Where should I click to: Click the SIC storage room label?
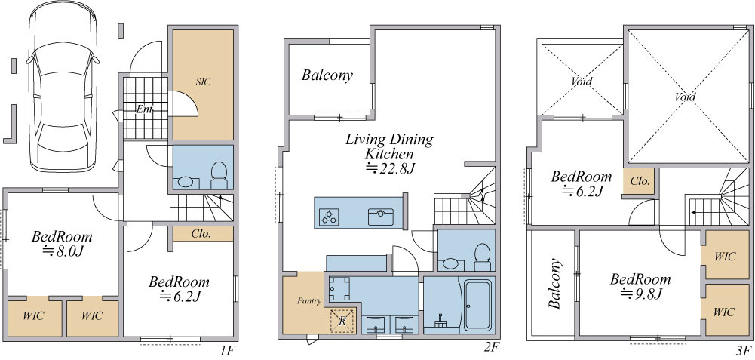click(x=203, y=82)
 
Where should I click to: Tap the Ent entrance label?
click(x=144, y=110)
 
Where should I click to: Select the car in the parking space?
click(x=63, y=86)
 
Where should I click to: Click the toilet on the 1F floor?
click(x=219, y=175)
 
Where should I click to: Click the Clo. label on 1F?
click(x=201, y=234)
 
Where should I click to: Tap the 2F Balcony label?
click(x=327, y=75)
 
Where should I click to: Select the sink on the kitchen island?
click(x=382, y=217)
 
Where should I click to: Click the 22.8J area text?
click(x=388, y=168)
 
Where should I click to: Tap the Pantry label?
click(x=309, y=301)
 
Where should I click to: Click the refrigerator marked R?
click(x=342, y=321)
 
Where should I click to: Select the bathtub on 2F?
click(x=477, y=305)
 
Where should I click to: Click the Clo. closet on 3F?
click(x=639, y=182)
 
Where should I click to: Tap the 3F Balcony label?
click(x=554, y=284)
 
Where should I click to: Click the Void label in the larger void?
click(x=685, y=97)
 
